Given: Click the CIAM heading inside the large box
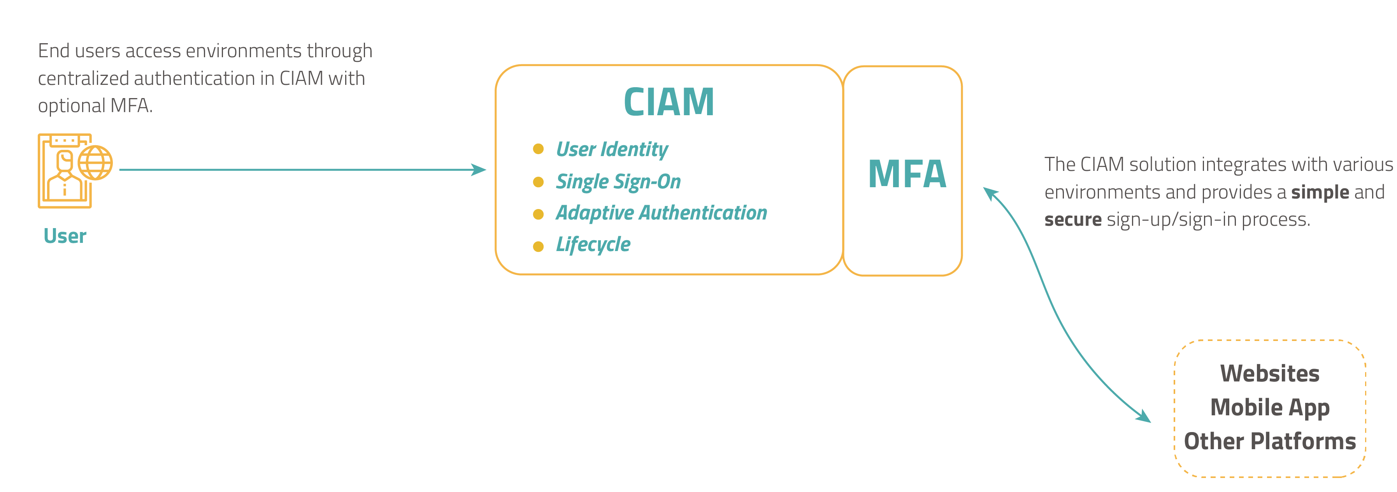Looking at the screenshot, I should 668,102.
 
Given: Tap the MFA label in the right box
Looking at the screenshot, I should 907,174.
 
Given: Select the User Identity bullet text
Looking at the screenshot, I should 611,149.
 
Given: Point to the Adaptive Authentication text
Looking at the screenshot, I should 661,213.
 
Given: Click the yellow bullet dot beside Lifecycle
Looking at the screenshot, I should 538,247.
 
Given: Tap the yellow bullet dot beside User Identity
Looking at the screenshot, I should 538,149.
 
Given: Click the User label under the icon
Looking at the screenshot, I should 65,236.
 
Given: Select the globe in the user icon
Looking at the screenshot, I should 95,163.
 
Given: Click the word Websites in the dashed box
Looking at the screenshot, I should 1269,373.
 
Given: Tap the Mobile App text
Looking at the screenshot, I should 1269,408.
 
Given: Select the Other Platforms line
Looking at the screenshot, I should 1269,441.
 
